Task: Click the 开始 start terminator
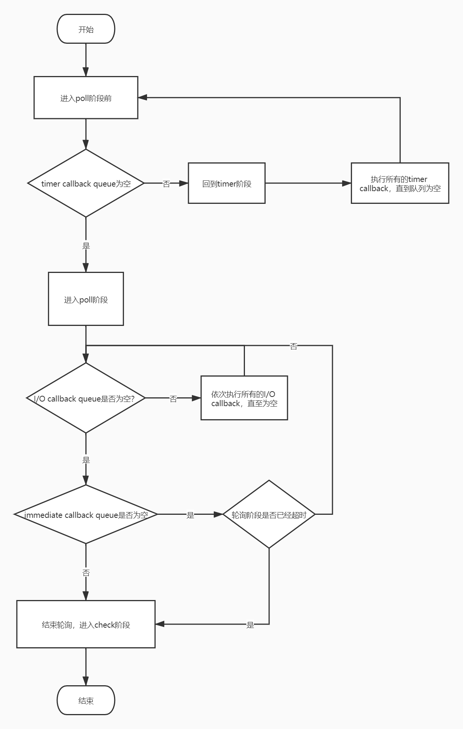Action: [x=86, y=29]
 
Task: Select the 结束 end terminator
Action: [x=86, y=700]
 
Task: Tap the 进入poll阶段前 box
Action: [x=86, y=98]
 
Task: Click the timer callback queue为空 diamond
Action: [x=86, y=183]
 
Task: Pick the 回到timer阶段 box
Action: [x=227, y=183]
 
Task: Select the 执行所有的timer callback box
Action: [x=400, y=183]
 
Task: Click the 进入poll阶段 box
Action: [x=86, y=299]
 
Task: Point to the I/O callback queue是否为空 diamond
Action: [x=86, y=398]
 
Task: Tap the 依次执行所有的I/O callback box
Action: [x=244, y=398]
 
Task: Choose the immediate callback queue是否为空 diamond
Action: [x=86, y=514]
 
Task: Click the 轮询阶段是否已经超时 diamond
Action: [x=269, y=514]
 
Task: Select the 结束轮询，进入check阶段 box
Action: [x=86, y=624]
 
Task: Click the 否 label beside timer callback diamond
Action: [x=166, y=184]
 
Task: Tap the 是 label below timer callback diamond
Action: [x=86, y=246]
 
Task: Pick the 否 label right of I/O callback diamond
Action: [x=173, y=399]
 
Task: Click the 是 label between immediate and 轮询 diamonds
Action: [x=190, y=515]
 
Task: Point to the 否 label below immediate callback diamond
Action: [x=86, y=573]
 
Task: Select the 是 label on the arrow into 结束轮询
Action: [x=250, y=625]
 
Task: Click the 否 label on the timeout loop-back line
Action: [x=294, y=346]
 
